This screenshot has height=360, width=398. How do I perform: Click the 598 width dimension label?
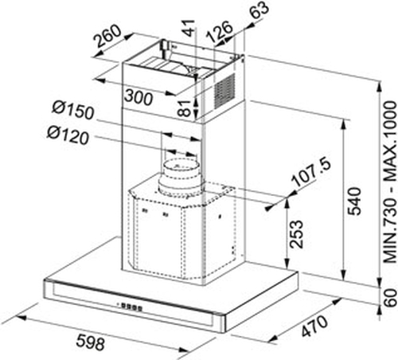[91, 342]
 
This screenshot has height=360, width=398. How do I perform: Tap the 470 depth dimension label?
[314, 326]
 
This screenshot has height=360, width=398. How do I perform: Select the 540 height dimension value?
[354, 201]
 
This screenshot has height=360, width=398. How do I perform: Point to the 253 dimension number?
[296, 234]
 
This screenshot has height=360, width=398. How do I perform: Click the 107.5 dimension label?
[311, 172]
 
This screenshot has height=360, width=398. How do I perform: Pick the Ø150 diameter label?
[73, 109]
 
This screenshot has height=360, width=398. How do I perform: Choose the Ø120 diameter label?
[68, 135]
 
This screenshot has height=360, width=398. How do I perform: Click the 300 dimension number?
[139, 97]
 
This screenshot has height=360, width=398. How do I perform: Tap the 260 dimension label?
[107, 37]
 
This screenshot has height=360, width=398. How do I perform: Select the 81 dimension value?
[185, 108]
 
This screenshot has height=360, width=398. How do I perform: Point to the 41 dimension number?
[189, 28]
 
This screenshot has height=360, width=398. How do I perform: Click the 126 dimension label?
[220, 32]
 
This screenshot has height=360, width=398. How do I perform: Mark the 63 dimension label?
[259, 10]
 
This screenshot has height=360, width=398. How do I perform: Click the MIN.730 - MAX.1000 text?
[390, 182]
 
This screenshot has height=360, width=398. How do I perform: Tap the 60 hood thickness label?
[391, 298]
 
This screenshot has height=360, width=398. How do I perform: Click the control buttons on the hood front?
[130, 307]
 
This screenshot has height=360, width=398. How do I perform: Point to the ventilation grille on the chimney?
[224, 91]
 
